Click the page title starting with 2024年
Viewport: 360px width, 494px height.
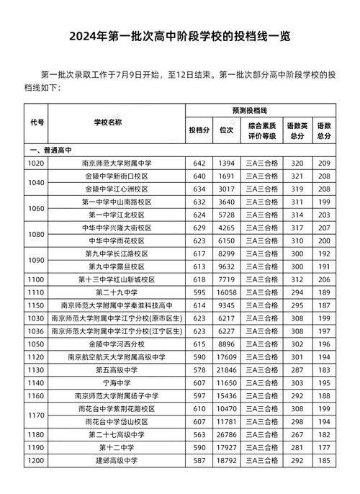click(180, 37)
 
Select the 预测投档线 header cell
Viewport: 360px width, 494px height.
click(249, 111)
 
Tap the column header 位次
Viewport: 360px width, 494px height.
click(226, 130)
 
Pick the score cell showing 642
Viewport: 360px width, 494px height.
click(199, 163)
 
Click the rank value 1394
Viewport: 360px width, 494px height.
click(227, 163)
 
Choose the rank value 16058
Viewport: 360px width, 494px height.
click(227, 292)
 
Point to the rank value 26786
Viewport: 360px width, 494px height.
click(227, 435)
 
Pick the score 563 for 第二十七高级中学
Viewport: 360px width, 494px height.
click(199, 435)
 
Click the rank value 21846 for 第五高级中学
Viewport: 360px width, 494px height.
click(227, 370)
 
